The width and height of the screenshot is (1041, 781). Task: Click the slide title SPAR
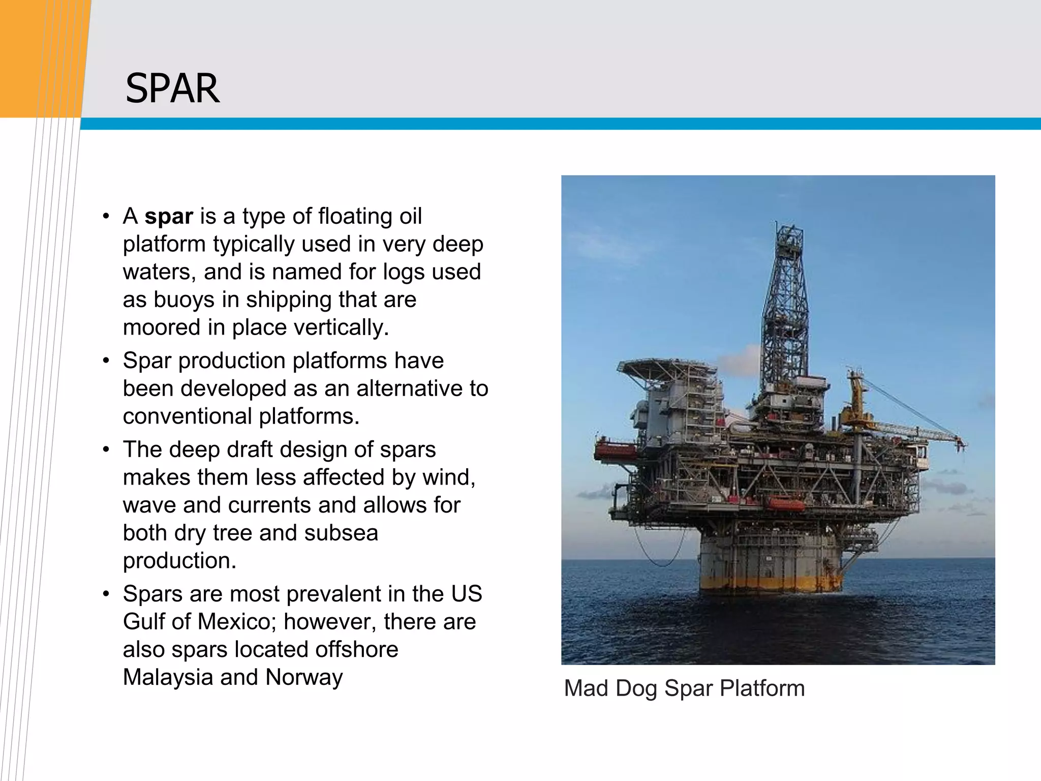(172, 88)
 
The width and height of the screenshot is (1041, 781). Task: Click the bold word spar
(168, 217)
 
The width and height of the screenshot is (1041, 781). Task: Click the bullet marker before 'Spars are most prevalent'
(106, 594)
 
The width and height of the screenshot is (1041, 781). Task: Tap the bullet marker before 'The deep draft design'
(106, 450)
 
